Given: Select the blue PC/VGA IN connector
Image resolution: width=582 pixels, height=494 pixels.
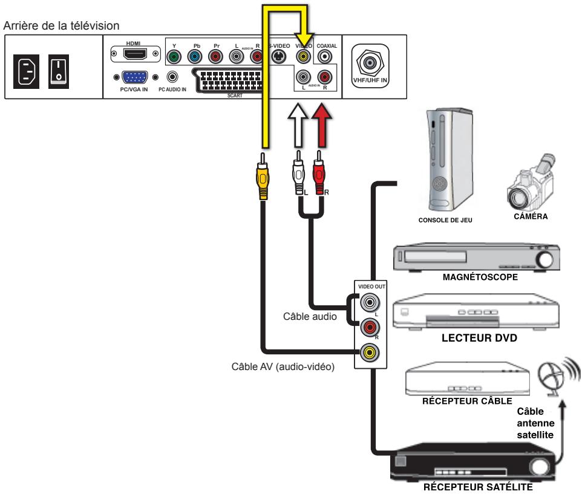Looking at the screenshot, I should click(136, 77).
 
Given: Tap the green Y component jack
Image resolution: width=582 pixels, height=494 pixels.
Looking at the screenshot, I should click(174, 57).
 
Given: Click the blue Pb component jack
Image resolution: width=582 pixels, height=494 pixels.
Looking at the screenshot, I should click(194, 57).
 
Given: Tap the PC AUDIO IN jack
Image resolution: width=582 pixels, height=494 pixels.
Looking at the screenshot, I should click(174, 77).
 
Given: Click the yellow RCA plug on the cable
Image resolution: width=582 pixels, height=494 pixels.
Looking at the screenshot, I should click(263, 176).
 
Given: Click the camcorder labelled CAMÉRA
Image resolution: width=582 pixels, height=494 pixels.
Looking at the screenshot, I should click(530, 184).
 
